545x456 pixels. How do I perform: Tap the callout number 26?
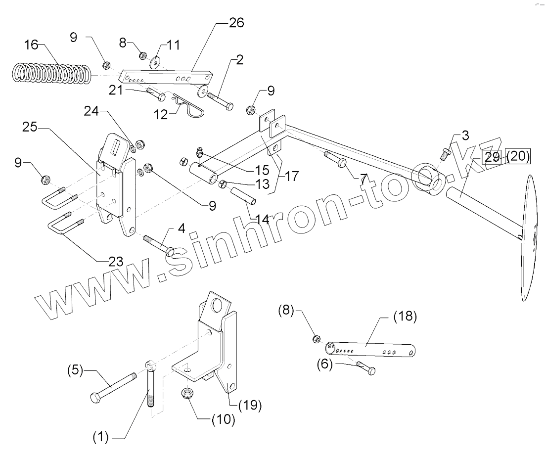(x=236, y=23)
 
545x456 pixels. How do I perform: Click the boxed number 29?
(x=492, y=157)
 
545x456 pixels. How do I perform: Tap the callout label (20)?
(x=518, y=157)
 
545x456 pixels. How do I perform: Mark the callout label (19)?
(x=250, y=406)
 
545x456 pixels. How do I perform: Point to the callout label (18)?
(x=405, y=317)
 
